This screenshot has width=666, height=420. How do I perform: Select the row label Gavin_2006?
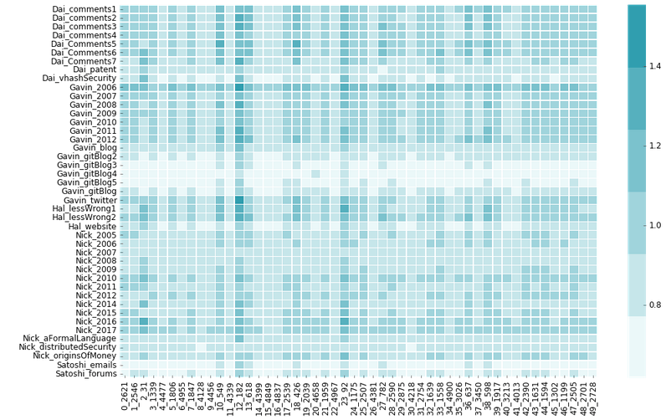pos(93,87)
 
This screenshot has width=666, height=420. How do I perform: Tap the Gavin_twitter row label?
pos(90,200)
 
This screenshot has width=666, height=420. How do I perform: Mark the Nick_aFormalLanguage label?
pos(69,339)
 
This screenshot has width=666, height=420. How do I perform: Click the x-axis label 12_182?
pos(240,396)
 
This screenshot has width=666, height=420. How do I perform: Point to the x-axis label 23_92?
pos(345,394)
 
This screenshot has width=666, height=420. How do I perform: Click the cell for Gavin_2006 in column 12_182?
pos(239,87)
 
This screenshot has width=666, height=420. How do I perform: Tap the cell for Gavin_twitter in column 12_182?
pos(239,200)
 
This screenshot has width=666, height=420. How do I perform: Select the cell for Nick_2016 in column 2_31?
pos(144,321)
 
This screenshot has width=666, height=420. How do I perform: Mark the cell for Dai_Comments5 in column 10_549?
pos(220,44)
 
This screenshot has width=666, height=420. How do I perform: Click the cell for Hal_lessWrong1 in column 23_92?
pos(345,208)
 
